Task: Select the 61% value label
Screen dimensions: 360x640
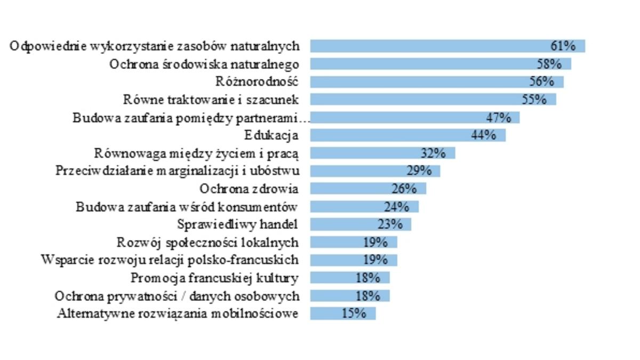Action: pyautogui.click(x=563, y=46)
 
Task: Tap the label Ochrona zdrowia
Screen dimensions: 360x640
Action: pyautogui.click(x=249, y=189)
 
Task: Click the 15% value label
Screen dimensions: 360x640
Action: pyautogui.click(x=354, y=314)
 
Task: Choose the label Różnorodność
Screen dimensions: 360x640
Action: pyautogui.click(x=256, y=82)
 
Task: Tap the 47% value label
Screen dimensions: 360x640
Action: pyautogui.click(x=499, y=117)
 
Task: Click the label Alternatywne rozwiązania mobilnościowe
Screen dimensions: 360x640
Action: pyautogui.click(x=178, y=314)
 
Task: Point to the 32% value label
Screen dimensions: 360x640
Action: pyautogui.click(x=433, y=153)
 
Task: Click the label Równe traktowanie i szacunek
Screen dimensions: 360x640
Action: pyautogui.click(x=211, y=100)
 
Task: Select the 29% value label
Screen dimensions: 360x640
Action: pyautogui.click(x=418, y=171)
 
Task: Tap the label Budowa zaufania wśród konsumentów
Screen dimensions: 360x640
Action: pyautogui.click(x=187, y=207)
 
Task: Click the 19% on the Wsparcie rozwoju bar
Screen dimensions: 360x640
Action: pyautogui.click(x=375, y=260)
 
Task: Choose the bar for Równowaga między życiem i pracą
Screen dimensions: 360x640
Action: pyautogui.click(x=363, y=153)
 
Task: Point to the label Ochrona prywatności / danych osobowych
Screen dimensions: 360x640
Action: pyautogui.click(x=177, y=296)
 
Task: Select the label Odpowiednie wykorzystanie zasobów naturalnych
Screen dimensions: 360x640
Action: pyautogui.click(x=155, y=46)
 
